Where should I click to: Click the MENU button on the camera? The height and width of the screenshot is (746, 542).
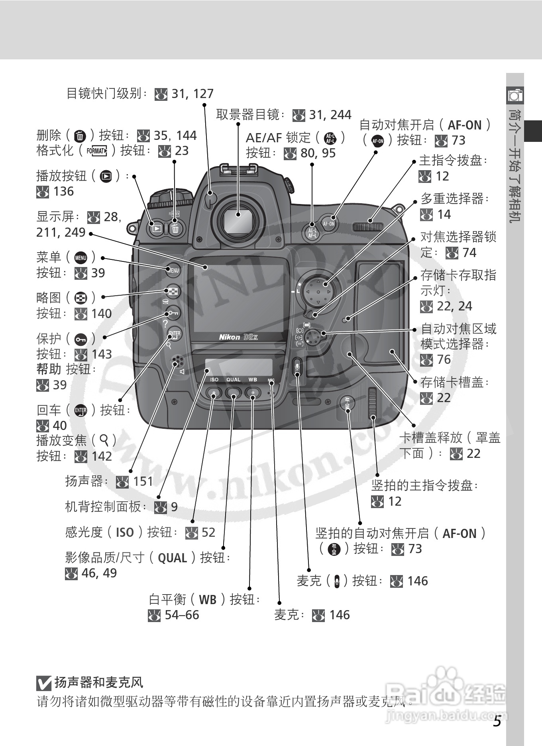tap(173, 270)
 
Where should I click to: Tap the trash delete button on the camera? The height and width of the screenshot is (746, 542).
tap(175, 229)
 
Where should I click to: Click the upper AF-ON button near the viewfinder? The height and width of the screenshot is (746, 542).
tap(329, 224)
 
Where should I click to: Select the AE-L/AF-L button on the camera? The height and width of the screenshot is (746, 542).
tap(312, 233)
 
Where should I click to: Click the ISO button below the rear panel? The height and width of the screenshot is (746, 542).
tap(214, 393)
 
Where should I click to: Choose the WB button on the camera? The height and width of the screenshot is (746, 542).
tap(253, 393)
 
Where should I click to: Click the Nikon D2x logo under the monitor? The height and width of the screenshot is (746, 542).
tap(238, 337)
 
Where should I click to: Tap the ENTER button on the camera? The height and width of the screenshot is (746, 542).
tap(174, 334)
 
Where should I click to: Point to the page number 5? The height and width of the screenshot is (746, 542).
tap(497, 722)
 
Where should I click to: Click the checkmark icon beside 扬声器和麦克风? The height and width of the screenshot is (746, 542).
tap(44, 683)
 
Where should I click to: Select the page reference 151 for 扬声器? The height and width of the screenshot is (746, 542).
tap(143, 481)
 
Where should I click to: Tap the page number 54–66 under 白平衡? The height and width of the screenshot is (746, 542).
tap(182, 615)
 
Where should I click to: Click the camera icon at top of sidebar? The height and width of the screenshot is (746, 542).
tap(515, 95)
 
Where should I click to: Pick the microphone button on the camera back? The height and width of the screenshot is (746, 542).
tap(298, 366)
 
